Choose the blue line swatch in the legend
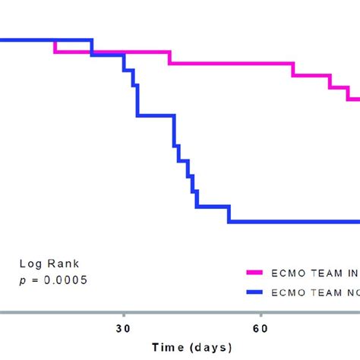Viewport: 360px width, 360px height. [x=263, y=291]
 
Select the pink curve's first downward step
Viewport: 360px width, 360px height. [x=55, y=46]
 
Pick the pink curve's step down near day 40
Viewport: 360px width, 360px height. [x=169, y=58]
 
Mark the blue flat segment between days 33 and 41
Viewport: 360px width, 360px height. [x=156, y=115]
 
